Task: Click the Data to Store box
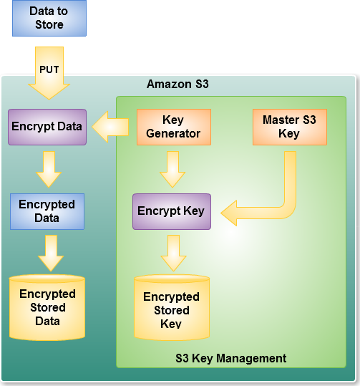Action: (x=49, y=18)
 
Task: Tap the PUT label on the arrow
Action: (x=49, y=69)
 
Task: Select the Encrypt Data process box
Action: (x=47, y=127)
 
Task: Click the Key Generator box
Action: (x=174, y=127)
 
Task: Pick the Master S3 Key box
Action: (x=290, y=127)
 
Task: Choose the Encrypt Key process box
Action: (x=172, y=212)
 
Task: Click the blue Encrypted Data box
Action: (x=47, y=212)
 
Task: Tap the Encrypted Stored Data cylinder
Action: (x=47, y=308)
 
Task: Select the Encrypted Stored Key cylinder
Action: (x=172, y=308)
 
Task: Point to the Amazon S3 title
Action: (x=177, y=85)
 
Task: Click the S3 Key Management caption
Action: (x=230, y=358)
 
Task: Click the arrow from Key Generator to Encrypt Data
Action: (x=110, y=127)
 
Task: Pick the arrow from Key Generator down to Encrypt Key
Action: (x=172, y=169)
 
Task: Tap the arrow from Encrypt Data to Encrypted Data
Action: (x=49, y=169)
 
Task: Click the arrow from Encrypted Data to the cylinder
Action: (x=51, y=253)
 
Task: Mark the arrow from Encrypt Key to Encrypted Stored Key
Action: (x=173, y=253)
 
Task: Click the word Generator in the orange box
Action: (x=173, y=134)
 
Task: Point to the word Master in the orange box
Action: (x=281, y=120)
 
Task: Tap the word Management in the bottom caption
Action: (x=251, y=358)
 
